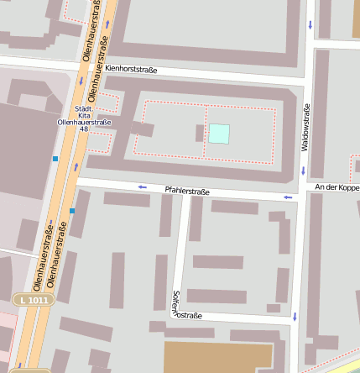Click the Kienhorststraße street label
(x=132, y=69)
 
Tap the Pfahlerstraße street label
(x=187, y=192)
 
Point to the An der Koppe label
(x=337, y=186)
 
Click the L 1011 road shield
(x=34, y=299)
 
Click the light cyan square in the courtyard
(x=219, y=133)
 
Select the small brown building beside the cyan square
(x=200, y=133)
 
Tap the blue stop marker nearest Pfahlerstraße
(x=72, y=211)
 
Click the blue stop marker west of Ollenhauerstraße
(x=55, y=158)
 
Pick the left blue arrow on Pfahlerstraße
(x=142, y=186)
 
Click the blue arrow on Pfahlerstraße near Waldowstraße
(x=289, y=197)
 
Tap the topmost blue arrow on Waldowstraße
(x=310, y=24)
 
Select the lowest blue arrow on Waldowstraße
(x=295, y=317)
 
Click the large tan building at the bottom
(x=218, y=356)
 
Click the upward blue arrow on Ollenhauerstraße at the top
(x=107, y=24)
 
